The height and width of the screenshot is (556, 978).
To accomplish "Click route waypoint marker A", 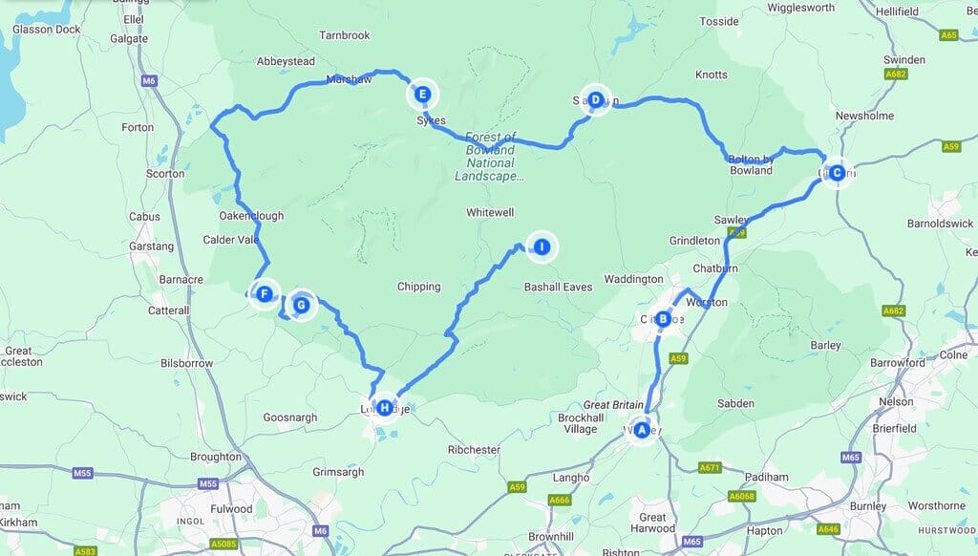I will [x=642, y=431].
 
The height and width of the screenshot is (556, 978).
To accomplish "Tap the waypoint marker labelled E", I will [x=422, y=95].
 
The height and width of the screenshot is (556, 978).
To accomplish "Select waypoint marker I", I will [x=542, y=246].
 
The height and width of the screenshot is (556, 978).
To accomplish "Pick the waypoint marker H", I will [x=384, y=409].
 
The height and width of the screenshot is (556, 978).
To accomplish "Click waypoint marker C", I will [x=837, y=173].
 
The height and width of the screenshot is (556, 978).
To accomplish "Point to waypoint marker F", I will [x=264, y=294].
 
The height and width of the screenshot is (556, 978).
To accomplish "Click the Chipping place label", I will [x=418, y=287].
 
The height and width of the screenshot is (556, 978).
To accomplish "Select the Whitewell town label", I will [x=491, y=212].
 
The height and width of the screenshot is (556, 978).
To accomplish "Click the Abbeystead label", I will [x=286, y=61].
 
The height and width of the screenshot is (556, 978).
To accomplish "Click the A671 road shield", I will [x=710, y=467].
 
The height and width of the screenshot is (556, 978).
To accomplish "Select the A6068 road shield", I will [x=742, y=495].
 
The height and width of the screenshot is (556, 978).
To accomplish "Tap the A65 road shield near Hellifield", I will [x=948, y=35].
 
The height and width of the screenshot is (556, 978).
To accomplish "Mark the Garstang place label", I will [x=154, y=246].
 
